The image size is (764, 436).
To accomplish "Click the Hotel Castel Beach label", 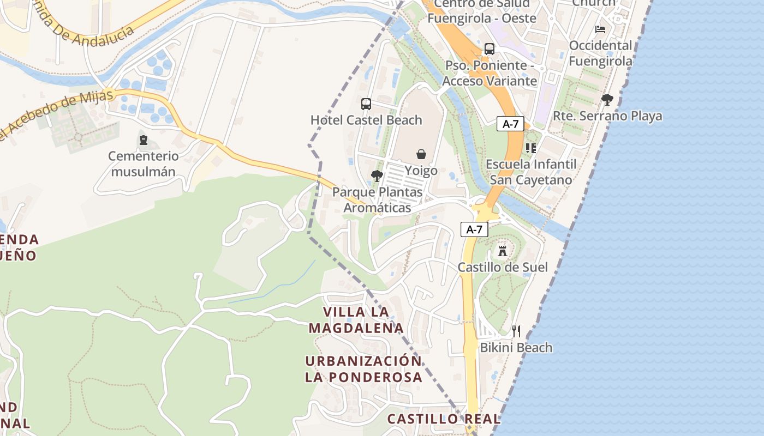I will [x=366, y=120].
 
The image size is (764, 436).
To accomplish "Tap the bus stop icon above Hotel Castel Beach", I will [x=366, y=104].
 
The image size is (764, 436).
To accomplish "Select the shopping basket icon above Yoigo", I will [x=421, y=154].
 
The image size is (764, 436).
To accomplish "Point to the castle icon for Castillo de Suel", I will [x=503, y=251].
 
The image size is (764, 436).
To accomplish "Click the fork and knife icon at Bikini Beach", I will [x=516, y=331].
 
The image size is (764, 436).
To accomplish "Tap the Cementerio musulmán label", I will [x=143, y=164].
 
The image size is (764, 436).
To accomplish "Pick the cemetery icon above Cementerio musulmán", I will [x=144, y=140].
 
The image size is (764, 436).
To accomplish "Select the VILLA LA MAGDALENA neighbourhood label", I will [x=356, y=320].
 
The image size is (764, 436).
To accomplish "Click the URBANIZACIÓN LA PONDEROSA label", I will [x=363, y=369].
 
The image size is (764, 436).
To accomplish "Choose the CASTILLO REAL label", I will [x=444, y=419].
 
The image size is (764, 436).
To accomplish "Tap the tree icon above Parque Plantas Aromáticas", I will [x=377, y=175].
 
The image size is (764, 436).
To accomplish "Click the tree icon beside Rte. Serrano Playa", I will [x=607, y=100].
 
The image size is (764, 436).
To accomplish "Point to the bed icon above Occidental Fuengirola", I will [x=600, y=29].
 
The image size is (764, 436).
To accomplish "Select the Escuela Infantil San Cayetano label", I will [x=531, y=172].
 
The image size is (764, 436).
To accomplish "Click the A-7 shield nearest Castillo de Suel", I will [x=474, y=229].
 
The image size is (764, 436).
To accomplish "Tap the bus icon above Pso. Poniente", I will [x=490, y=49].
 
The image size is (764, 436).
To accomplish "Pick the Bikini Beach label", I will [x=516, y=348].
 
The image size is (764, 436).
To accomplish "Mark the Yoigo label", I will [x=421, y=171].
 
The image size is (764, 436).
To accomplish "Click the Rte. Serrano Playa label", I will [x=607, y=116].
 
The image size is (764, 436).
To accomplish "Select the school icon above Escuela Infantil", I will [x=531, y=148].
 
